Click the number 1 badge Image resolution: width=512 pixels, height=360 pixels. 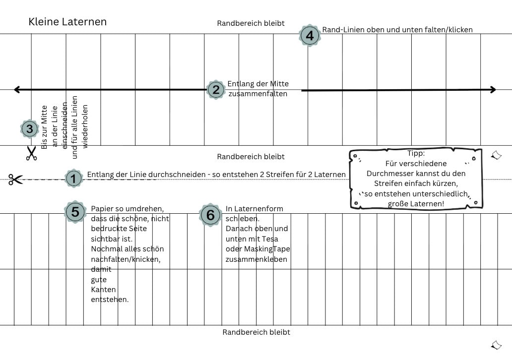coord(74,179)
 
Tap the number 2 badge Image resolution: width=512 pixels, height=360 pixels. coord(216,90)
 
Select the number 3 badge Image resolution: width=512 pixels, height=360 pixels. coord(30,128)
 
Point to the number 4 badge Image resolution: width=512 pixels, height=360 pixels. coord(310,35)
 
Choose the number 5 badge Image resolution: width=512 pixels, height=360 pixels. coord(75,212)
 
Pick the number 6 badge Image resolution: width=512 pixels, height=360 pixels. coord(210,215)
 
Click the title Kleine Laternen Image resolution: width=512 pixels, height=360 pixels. coord(67,22)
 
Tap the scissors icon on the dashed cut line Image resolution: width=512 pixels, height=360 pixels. coord(16,179)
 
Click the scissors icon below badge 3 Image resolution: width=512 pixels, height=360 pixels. coord(31,153)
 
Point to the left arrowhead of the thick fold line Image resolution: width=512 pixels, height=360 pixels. coord(17,89)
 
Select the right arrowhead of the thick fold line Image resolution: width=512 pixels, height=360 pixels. coord(493,89)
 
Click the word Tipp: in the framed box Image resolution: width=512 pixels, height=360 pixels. coord(416,153)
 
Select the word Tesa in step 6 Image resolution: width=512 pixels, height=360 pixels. coord(270,239)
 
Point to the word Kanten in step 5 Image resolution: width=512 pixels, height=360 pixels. coord(103,290)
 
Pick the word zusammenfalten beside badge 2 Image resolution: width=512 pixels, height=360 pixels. coord(257,94)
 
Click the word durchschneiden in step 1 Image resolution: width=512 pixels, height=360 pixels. coord(177,175)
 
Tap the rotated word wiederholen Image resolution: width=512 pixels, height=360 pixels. coord(85,126)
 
